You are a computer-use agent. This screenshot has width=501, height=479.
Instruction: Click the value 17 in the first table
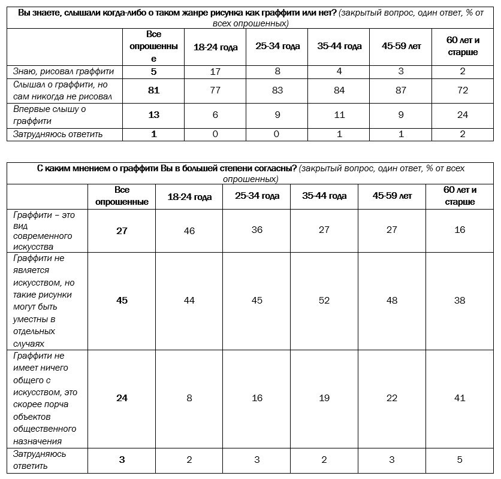coord(216,72)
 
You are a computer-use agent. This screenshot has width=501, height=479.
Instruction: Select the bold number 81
coord(154,90)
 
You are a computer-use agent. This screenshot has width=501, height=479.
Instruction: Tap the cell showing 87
coord(401,90)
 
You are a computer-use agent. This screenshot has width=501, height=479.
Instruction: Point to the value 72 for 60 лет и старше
coord(463,90)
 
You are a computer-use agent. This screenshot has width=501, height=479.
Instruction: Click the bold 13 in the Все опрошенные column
coord(154,115)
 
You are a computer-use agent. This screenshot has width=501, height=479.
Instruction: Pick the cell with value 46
coord(189,231)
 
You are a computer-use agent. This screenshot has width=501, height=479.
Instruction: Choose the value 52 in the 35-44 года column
coord(324,301)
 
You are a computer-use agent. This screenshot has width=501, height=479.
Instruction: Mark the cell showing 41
coord(460,398)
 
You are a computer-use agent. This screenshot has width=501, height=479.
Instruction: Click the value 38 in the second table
coord(460,301)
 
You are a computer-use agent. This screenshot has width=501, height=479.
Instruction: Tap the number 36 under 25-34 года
coord(257,231)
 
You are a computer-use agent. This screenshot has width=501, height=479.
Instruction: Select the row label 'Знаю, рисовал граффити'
coord(64,72)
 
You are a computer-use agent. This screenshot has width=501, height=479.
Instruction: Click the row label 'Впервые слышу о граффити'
coord(50,115)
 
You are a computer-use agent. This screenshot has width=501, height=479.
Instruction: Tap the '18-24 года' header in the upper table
coord(216,47)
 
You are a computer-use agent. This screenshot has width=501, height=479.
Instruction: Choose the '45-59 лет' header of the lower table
coord(393,196)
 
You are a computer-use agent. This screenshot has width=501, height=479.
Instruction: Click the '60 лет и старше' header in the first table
coord(463,47)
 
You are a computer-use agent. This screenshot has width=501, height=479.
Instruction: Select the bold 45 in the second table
coord(122,301)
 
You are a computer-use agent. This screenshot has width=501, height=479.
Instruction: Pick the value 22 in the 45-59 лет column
coord(393,398)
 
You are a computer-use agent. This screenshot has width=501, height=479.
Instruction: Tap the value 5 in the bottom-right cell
coord(460,460)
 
